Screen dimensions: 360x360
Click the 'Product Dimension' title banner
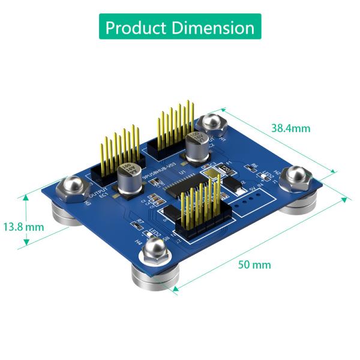tap(179, 28)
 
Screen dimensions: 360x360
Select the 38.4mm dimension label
tap(290, 128)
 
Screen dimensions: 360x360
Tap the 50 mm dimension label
tap(253, 265)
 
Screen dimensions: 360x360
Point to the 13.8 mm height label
tap(23, 227)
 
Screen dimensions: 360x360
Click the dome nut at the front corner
tap(155, 250)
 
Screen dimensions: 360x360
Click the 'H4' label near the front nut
tap(139, 242)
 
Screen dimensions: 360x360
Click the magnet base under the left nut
tap(67, 214)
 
